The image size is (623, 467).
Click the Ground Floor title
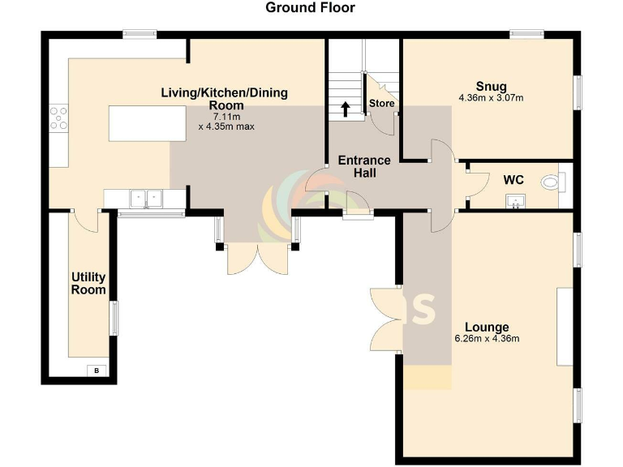pyautogui.click(x=311, y=8)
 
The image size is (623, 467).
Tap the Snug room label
pyautogui.click(x=491, y=87)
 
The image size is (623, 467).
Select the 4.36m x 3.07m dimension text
pyautogui.click(x=491, y=99)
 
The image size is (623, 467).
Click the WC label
pyautogui.click(x=513, y=178)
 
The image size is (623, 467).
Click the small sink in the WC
pyautogui.click(x=513, y=201)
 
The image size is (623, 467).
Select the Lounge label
pyautogui.click(x=487, y=326)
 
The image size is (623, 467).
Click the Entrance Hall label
pyautogui.click(x=364, y=166)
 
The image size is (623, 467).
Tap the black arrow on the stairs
pyautogui.click(x=345, y=109)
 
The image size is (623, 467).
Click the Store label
pyautogui.click(x=381, y=104)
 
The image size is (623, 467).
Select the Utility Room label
pyautogui.click(x=88, y=284)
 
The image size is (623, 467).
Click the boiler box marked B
pyautogui.click(x=97, y=371)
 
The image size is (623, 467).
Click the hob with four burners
pyautogui.click(x=58, y=118)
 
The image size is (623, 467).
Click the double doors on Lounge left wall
pyautogui.click(x=385, y=318)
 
